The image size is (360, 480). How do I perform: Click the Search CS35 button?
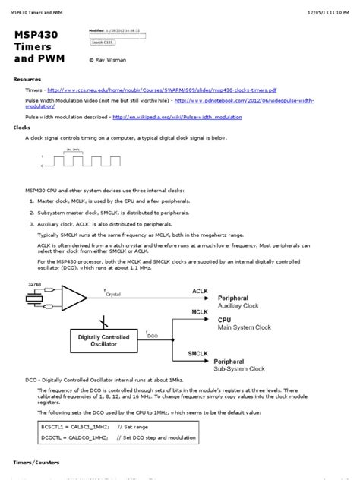(x=102, y=43)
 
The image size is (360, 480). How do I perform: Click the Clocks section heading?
(x=22, y=128)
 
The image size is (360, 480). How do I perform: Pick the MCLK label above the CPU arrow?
(x=201, y=312)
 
